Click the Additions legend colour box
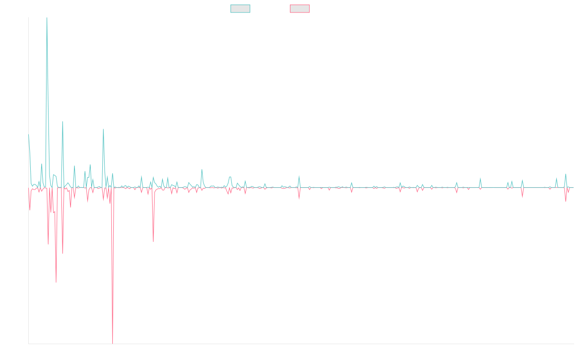[x=240, y=9]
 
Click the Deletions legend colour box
[x=300, y=9]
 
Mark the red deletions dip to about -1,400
[x=56, y=282]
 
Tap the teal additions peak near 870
[x=103, y=130]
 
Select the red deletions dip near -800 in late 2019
[x=153, y=241]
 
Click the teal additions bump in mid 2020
[x=202, y=169]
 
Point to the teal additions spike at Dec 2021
[x=299, y=175]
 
